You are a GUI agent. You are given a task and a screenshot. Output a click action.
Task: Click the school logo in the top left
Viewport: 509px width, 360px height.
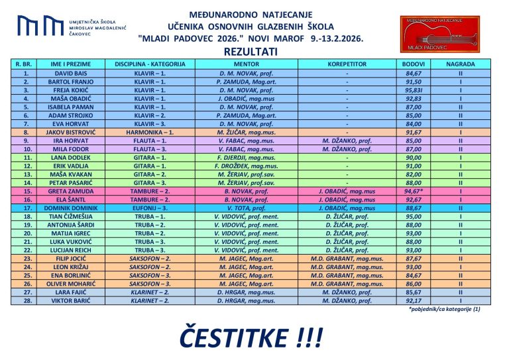point(40,27)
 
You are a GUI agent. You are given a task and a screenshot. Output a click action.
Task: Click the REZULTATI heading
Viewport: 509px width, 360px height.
point(250,50)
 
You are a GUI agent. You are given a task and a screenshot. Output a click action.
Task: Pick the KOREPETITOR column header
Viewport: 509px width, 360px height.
point(347,64)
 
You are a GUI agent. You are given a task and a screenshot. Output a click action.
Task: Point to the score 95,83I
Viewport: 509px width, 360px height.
point(413,90)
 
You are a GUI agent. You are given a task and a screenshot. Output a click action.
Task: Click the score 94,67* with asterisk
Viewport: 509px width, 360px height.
point(413,191)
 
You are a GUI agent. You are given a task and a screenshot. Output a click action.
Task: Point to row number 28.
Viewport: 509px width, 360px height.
point(27,300)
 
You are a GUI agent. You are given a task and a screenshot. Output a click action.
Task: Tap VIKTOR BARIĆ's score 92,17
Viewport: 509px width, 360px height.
point(413,300)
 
